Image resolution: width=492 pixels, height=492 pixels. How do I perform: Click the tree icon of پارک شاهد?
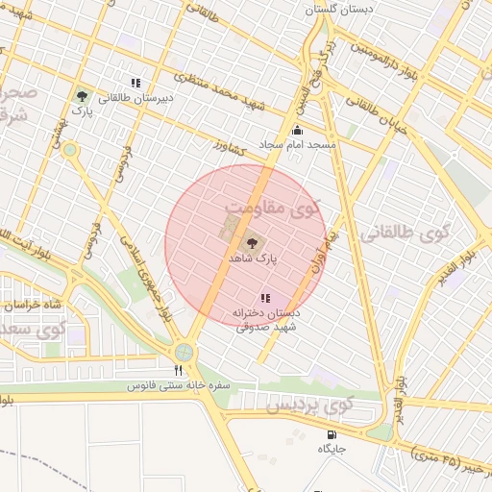coord(253,243)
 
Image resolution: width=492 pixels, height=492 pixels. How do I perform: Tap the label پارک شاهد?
coord(253,259)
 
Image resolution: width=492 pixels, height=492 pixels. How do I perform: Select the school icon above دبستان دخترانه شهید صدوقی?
coord(265,299)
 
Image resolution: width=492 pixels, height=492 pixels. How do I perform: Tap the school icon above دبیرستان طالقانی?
coord(135,84)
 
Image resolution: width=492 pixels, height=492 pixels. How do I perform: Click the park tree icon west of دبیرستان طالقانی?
coord(82,96)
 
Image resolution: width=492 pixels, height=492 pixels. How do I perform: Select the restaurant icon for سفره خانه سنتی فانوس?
coord(178,371)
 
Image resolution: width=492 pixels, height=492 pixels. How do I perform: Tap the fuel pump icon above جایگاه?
coord(331,434)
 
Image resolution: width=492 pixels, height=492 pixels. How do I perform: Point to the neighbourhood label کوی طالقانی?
coord(405,232)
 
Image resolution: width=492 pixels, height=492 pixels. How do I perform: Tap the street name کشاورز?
coord(232,151)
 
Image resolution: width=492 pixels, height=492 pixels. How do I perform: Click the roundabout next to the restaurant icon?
coord(184,352)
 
